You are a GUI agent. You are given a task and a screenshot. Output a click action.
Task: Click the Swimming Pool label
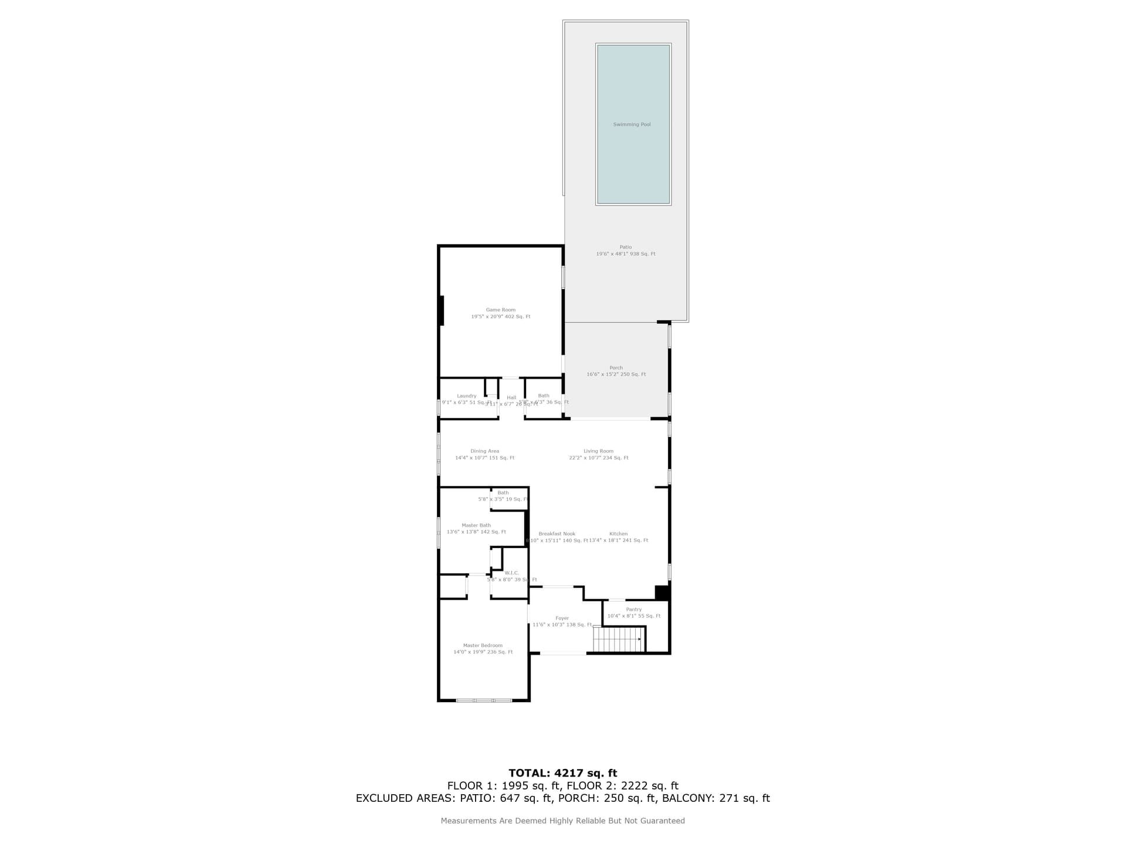[x=632, y=125]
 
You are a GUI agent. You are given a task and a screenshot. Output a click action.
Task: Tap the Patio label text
[x=626, y=247]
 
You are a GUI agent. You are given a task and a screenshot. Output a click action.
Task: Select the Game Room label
[x=500, y=310]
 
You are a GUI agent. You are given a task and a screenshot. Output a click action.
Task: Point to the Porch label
[x=616, y=368]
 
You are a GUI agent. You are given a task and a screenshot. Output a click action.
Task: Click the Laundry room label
[x=467, y=396]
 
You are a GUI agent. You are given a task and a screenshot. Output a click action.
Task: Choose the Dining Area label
[x=484, y=451]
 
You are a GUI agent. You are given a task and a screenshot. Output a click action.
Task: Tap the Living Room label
[x=598, y=451]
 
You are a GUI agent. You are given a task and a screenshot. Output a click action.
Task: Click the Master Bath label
[x=476, y=526]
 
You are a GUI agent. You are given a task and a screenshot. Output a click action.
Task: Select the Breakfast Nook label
[x=557, y=534]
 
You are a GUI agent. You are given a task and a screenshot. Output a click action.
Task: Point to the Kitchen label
[x=618, y=534]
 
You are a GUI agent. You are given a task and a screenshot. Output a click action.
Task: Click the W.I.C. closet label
[x=511, y=573]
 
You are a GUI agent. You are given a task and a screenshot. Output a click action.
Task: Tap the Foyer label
[x=562, y=618]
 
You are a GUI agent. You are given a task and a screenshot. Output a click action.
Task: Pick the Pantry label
[x=633, y=610]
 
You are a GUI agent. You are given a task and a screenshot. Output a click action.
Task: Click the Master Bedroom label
[x=483, y=645]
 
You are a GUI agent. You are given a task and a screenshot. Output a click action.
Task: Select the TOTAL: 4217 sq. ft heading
[x=562, y=773]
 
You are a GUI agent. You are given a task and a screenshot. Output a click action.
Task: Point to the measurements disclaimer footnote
[x=562, y=821]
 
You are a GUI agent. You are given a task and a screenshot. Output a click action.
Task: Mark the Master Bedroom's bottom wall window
[x=484, y=700]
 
